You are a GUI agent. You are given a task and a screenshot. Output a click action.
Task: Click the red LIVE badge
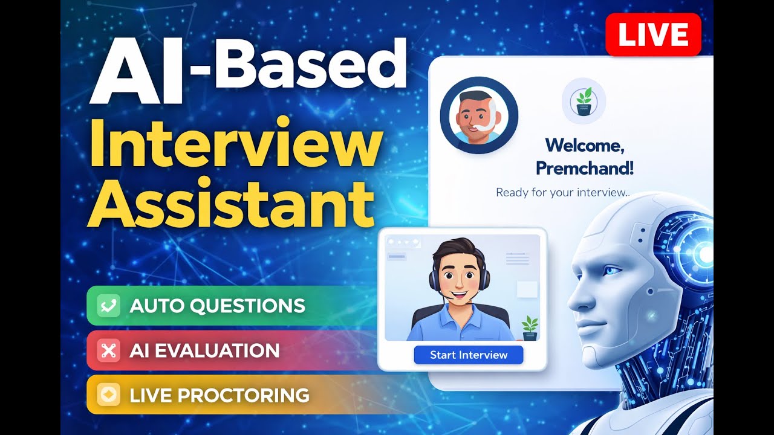pyautogui.click(x=653, y=34)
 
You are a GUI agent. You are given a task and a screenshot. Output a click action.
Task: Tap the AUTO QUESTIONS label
pyautogui.click(x=217, y=306)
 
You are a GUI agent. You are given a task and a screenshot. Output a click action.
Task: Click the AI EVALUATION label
pyautogui.click(x=204, y=350)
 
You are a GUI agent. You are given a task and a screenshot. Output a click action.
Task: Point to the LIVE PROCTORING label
pyautogui.click(x=219, y=396)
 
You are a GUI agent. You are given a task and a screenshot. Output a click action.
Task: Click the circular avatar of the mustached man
pyautogui.click(x=479, y=115)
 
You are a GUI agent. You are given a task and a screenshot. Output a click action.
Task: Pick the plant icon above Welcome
pyautogui.click(x=584, y=101)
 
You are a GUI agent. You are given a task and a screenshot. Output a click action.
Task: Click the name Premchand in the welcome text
pyautogui.click(x=585, y=168)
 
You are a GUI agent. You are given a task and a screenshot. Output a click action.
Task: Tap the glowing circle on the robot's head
pyautogui.click(x=704, y=255)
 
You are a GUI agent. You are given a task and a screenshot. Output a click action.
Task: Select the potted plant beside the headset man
pyautogui.click(x=530, y=327)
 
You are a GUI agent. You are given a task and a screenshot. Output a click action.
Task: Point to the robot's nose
pyautogui.click(x=574, y=297)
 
